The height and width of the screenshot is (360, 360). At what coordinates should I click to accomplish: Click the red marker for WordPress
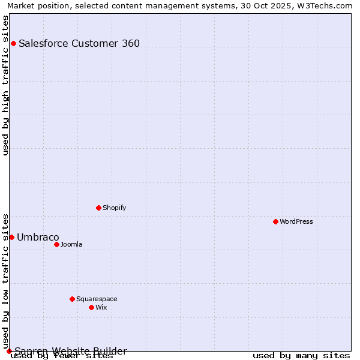[x=275, y=221]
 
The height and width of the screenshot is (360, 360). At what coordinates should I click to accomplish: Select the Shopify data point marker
[x=98, y=208]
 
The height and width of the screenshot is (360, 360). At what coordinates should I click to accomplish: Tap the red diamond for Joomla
[x=56, y=244]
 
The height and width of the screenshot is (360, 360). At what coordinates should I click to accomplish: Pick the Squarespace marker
[x=72, y=299]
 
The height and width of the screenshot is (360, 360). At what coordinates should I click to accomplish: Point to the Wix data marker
[x=91, y=307]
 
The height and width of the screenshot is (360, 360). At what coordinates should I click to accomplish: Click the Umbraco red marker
[x=11, y=237]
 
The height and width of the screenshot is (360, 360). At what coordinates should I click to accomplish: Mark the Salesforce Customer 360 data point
[x=13, y=43]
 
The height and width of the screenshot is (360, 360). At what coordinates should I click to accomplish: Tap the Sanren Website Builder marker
[x=9, y=351]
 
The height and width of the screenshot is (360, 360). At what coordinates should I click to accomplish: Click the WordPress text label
[x=296, y=221]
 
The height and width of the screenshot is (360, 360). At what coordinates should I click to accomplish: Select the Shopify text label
[x=115, y=208]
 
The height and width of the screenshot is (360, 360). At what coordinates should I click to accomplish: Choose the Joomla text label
[x=71, y=244]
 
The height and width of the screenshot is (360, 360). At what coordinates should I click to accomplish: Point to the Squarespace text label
[x=97, y=299]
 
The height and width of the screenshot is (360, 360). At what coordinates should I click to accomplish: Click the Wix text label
[x=101, y=307]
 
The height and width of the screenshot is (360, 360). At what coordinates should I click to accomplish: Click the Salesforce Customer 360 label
[x=79, y=43]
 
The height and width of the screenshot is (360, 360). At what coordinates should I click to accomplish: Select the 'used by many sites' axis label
[x=301, y=355]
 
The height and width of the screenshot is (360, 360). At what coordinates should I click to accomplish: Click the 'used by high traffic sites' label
[x=6, y=85]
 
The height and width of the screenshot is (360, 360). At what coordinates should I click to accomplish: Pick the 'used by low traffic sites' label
[x=6, y=281]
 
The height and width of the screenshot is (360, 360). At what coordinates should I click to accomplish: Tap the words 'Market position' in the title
[x=35, y=6]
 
